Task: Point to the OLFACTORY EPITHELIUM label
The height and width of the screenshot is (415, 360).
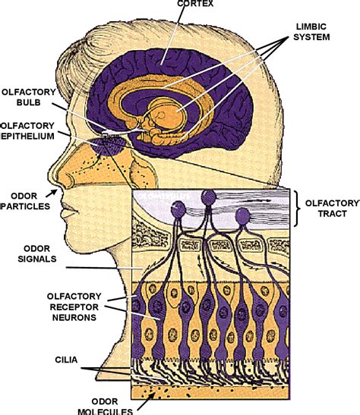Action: (26, 131)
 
